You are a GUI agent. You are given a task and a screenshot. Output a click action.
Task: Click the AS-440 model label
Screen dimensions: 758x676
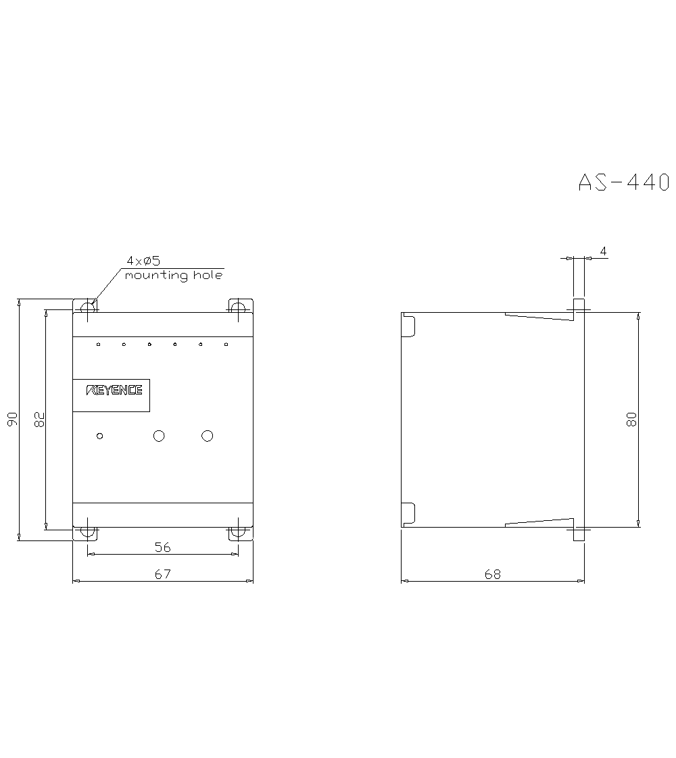pos(623,182)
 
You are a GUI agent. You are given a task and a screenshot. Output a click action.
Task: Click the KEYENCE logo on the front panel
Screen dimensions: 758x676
pos(114,390)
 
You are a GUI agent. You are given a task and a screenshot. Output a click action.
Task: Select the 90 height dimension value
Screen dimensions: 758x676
pos(12,420)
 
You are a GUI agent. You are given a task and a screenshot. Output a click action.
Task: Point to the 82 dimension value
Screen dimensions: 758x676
pos(39,420)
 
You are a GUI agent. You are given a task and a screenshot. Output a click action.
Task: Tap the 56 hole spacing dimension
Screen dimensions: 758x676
pos(162,547)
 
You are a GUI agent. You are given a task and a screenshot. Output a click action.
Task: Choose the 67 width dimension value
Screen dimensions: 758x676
pos(162,574)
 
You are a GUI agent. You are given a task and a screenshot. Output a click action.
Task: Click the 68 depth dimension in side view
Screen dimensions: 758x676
pos(493,574)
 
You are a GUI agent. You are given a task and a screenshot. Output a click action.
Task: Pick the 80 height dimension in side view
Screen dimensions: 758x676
pos(631,420)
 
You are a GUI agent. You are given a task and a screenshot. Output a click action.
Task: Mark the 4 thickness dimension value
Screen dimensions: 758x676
pos(603,251)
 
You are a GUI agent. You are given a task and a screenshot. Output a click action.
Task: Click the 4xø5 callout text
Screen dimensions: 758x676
pos(143,261)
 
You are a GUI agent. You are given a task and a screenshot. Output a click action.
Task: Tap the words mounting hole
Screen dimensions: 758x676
pos(173,276)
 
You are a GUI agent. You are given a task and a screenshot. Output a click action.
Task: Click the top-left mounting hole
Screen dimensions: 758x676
pos(88,307)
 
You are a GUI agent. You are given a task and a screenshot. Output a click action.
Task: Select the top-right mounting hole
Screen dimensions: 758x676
pos(237,307)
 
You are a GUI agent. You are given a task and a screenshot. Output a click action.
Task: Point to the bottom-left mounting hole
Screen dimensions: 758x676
pos(88,532)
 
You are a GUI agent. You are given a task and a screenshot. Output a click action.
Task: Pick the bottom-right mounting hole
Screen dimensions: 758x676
pos(237,532)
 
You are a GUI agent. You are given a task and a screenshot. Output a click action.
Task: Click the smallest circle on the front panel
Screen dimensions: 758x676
pos(100,436)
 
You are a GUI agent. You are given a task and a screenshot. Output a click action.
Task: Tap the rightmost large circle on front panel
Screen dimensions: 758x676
pos(208,436)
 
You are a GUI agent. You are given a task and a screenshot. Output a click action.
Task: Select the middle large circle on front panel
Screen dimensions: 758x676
pos(159,436)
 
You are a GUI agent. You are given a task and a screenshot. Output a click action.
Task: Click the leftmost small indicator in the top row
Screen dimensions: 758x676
pos(98,345)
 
